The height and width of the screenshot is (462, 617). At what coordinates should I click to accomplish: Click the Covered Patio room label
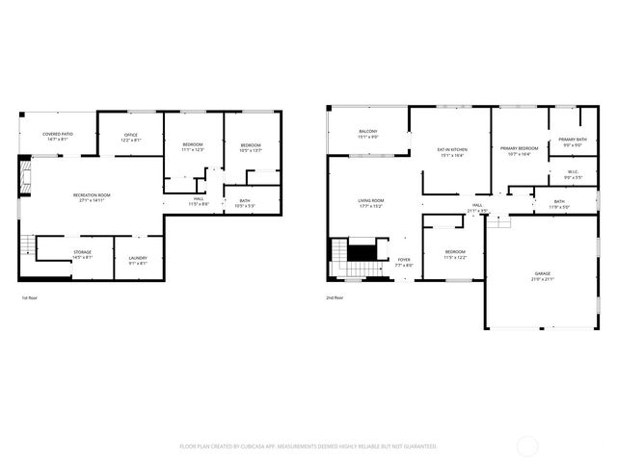(x=57, y=137)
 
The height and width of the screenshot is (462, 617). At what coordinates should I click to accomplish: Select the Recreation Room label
(x=92, y=197)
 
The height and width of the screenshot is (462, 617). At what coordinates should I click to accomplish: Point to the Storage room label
(x=82, y=254)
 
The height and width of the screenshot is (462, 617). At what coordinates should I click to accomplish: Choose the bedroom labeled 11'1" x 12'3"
(x=193, y=146)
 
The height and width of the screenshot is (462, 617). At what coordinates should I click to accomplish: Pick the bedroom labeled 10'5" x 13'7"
(x=251, y=146)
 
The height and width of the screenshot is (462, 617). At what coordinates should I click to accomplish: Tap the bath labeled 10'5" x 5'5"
(x=245, y=203)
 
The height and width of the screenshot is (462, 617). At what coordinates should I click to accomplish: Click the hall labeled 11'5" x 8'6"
(x=198, y=201)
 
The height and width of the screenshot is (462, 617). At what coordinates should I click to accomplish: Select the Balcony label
(x=367, y=134)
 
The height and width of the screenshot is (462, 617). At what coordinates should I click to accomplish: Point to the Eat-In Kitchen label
(x=452, y=152)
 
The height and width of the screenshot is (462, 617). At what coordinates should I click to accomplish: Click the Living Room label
(x=371, y=202)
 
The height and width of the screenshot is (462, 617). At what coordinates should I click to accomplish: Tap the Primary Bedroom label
(x=518, y=151)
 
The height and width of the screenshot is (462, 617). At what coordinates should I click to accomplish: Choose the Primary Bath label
(x=572, y=142)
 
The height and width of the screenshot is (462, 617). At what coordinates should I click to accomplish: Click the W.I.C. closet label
(x=572, y=175)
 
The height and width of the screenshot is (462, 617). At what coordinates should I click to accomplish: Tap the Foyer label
(x=404, y=262)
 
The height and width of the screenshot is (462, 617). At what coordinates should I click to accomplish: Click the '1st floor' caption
(x=29, y=297)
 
